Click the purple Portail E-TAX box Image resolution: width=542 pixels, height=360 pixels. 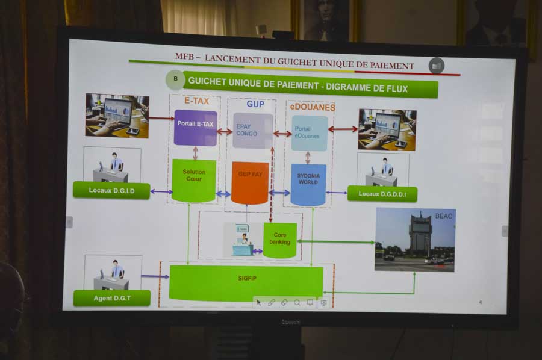click(x=195, y=128)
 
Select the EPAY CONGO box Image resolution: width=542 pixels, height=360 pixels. click(x=252, y=131)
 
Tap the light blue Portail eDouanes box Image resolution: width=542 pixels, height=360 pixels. click(x=310, y=132)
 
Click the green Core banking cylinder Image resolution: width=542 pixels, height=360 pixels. click(x=280, y=240)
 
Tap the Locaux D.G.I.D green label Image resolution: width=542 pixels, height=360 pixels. click(x=111, y=190)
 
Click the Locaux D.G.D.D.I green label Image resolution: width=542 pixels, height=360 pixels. click(x=382, y=194)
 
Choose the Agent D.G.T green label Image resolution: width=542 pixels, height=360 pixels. click(x=112, y=298)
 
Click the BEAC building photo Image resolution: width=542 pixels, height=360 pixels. click(x=415, y=240)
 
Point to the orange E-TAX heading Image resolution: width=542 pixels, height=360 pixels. click(x=196, y=101)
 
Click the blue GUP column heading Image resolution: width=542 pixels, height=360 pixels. click(x=255, y=104)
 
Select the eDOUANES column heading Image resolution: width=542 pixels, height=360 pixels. click(x=312, y=107)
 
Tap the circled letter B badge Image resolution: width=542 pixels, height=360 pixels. click(x=175, y=79)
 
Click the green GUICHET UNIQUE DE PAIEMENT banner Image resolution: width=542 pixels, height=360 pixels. click(x=310, y=88)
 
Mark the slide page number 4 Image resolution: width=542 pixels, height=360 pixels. click(x=480, y=302)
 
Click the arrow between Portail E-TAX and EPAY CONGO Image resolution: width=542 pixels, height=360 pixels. click(x=225, y=131)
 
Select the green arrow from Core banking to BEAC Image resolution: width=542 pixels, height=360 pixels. click(x=335, y=242)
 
